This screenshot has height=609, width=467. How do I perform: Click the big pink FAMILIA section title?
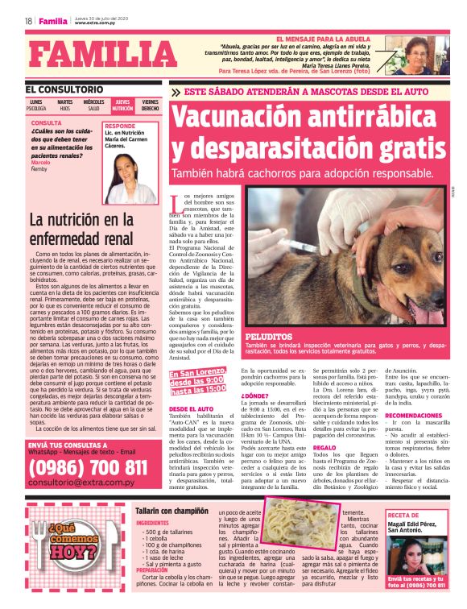point(97,56)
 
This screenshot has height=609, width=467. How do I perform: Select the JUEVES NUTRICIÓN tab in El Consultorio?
point(122,105)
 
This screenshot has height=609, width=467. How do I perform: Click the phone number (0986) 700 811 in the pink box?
point(88,467)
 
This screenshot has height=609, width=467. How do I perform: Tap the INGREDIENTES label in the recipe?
point(152,523)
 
